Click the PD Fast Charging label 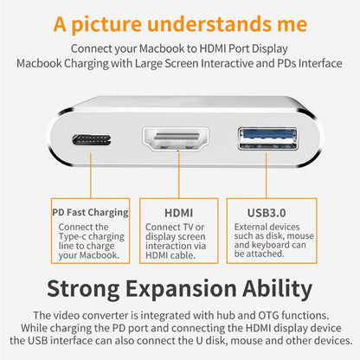click(90, 212)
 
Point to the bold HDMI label click(178, 212)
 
